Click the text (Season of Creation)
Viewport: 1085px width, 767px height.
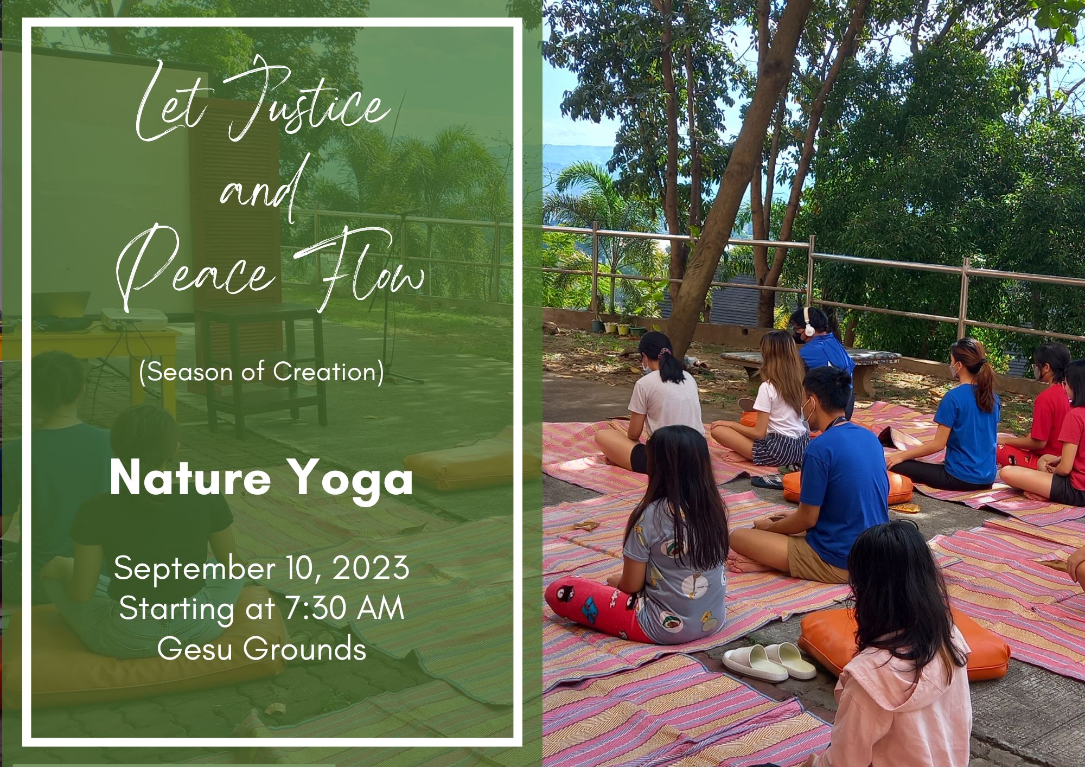pyautogui.click(x=262, y=372)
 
